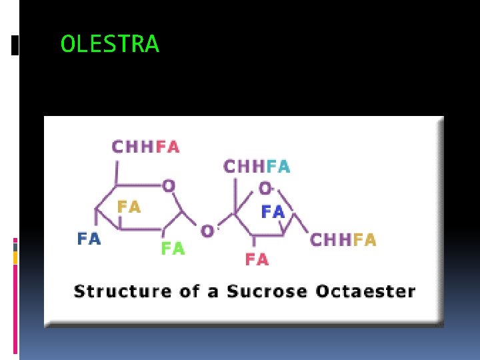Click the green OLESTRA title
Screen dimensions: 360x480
[x=110, y=44]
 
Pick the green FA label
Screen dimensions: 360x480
[x=173, y=249]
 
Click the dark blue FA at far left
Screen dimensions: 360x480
[x=89, y=238]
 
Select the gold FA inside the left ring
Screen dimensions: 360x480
[x=129, y=207]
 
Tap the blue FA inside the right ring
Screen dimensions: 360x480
[x=273, y=212]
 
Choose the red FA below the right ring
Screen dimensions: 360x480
[x=257, y=259]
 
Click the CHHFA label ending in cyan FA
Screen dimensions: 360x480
[x=257, y=166]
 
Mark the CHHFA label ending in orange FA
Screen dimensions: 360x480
[x=343, y=239]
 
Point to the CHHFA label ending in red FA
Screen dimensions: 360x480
[x=145, y=147]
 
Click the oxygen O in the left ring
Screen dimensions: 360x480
[x=169, y=185]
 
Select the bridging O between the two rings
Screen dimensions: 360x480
[x=207, y=231]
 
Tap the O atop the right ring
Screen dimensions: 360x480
[x=265, y=187]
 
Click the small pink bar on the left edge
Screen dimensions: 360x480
[x=15, y=240]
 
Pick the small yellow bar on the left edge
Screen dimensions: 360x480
[x=15, y=258]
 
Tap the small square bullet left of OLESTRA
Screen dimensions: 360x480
[x=15, y=45]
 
